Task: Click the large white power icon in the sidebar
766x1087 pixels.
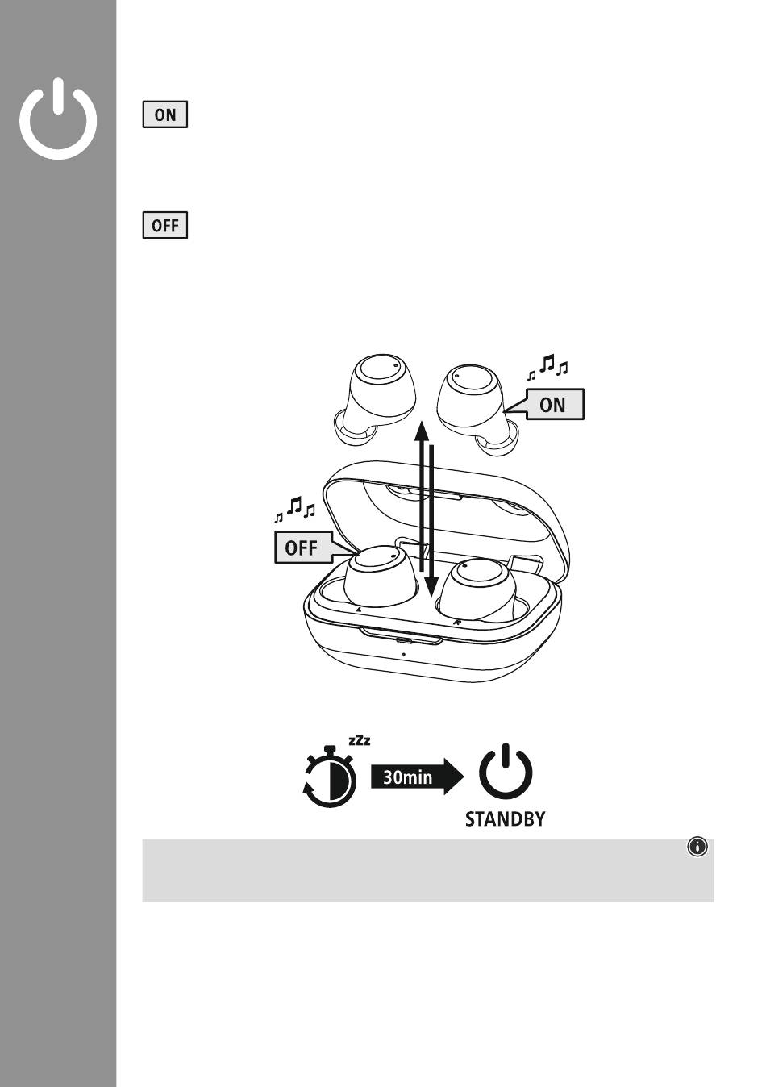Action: pos(58,146)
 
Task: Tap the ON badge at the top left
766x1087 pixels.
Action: pos(165,115)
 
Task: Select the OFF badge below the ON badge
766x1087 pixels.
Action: pos(165,225)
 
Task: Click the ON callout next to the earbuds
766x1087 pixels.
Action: pos(553,404)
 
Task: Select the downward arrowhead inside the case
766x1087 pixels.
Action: pos(431,587)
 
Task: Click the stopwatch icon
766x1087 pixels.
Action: pos(330,777)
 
